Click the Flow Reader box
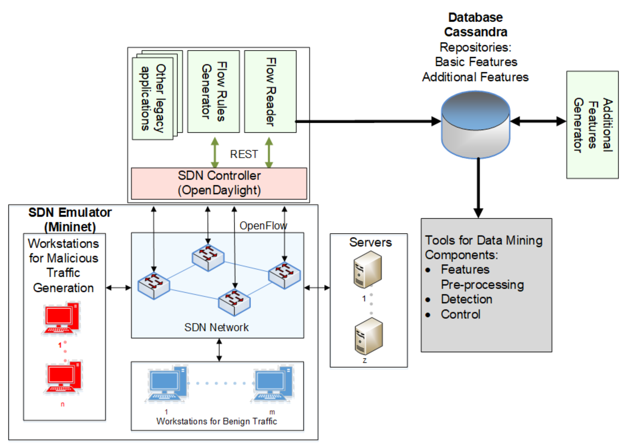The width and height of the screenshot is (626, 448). tap(270, 91)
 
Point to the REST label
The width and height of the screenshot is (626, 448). tap(244, 154)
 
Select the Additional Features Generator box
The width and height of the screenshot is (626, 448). tap(592, 125)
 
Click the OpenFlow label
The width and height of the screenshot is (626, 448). tap(263, 226)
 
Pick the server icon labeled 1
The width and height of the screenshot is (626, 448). tap(368, 269)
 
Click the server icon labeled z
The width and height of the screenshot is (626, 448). tap(369, 336)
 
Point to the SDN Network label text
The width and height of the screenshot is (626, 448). tap(216, 327)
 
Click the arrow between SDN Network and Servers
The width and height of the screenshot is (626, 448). tap(317, 288)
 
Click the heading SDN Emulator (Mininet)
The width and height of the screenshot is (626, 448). tap(70, 220)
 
